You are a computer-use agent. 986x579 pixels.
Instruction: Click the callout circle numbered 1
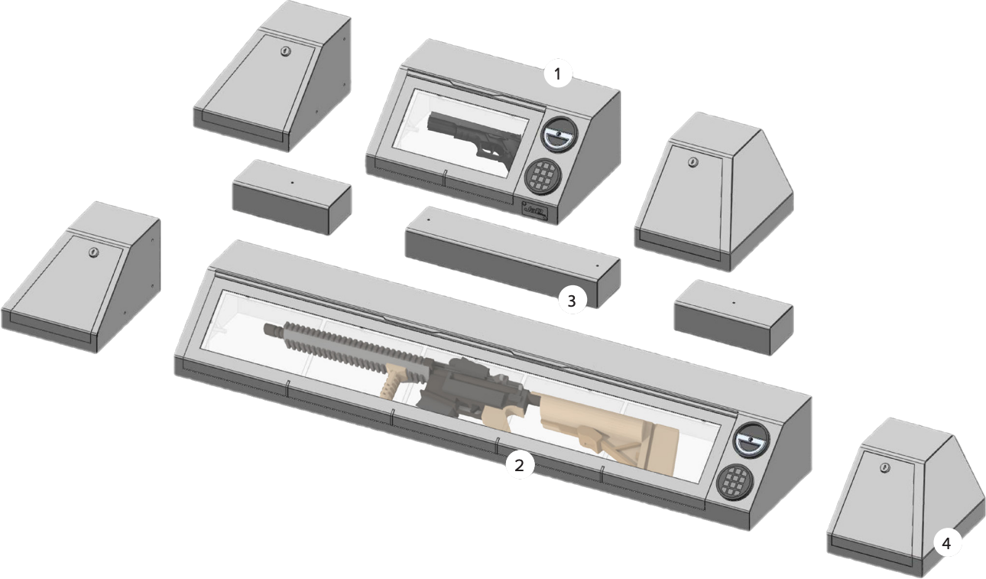(x=558, y=74)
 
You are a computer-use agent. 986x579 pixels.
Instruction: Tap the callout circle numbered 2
(x=520, y=464)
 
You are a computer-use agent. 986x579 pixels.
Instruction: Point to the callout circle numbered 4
(x=946, y=544)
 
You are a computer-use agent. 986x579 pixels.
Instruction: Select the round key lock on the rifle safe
(x=748, y=441)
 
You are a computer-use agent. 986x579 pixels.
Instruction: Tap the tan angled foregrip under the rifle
(x=397, y=380)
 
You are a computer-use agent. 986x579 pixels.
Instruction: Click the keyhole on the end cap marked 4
(x=884, y=467)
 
